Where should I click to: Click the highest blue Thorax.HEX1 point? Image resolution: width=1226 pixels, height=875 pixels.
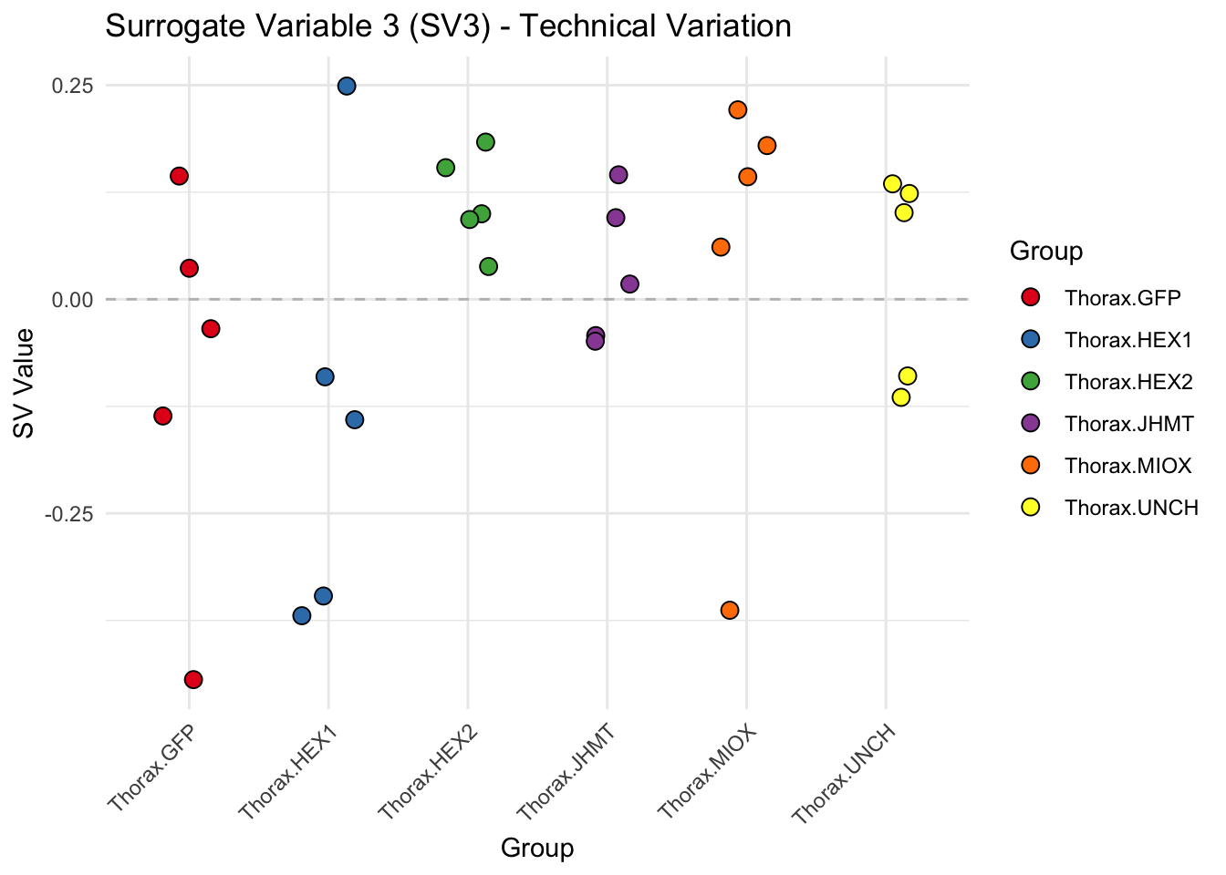pos(347,86)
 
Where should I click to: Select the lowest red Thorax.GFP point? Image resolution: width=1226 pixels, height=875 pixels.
pos(193,679)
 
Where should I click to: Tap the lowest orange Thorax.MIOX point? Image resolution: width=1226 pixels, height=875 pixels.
pos(730,610)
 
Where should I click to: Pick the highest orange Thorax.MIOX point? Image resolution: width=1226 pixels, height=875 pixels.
pos(738,109)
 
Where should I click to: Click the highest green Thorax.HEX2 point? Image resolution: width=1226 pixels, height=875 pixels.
pos(485,141)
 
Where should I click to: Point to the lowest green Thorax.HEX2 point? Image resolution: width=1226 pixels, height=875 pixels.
pos(488,266)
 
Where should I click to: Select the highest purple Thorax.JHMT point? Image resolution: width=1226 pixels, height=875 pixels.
pos(618,175)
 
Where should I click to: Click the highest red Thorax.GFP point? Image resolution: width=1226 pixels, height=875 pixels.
pos(179,176)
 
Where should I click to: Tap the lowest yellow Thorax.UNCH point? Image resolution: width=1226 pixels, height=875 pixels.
pos(901,396)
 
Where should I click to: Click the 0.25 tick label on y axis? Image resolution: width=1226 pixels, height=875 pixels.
pos(72,86)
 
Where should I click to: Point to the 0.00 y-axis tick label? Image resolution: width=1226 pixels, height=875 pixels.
pos(72,299)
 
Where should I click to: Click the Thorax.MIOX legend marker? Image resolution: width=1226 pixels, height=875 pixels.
pos(1031,466)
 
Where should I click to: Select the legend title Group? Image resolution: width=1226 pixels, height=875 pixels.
pos(1045,251)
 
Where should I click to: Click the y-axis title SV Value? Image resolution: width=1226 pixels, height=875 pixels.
pos(25,383)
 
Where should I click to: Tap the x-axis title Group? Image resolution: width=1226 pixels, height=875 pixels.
pos(537,849)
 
